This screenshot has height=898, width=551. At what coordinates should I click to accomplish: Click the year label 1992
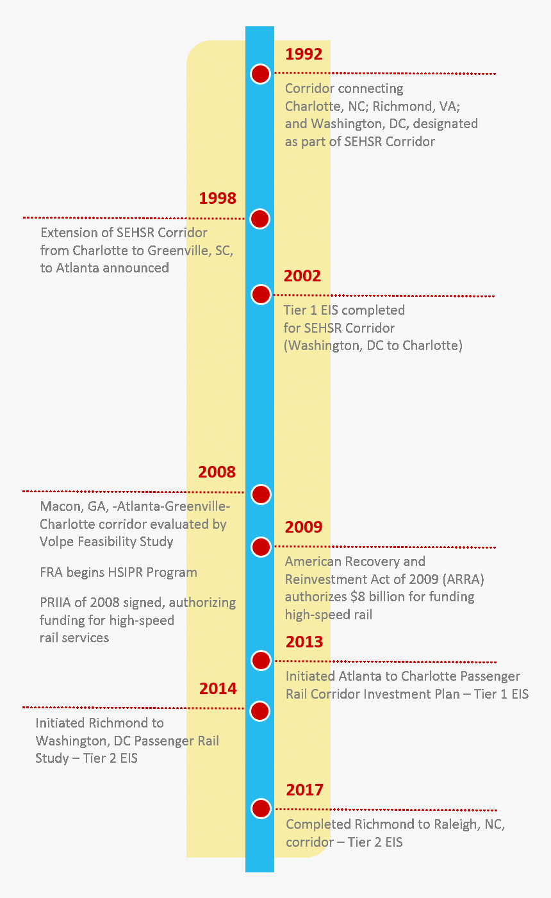click(x=304, y=54)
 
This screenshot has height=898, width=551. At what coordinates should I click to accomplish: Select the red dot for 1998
click(x=259, y=219)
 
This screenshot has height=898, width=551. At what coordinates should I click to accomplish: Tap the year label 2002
click(x=302, y=276)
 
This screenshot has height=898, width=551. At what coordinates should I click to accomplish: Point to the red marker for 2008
click(x=260, y=494)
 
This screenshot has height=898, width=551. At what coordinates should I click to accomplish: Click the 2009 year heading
click(x=304, y=527)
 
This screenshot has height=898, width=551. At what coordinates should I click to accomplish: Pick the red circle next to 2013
click(x=261, y=660)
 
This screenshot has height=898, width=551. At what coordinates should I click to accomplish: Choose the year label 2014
click(x=218, y=688)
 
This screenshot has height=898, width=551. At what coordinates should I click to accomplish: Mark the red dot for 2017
click(x=261, y=808)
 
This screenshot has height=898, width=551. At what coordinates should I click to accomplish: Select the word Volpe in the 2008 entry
click(x=58, y=542)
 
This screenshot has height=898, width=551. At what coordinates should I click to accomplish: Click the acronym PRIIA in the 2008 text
click(x=56, y=603)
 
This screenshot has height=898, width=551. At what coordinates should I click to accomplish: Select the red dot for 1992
click(x=260, y=74)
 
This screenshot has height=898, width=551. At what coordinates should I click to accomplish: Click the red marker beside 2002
click(x=261, y=294)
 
